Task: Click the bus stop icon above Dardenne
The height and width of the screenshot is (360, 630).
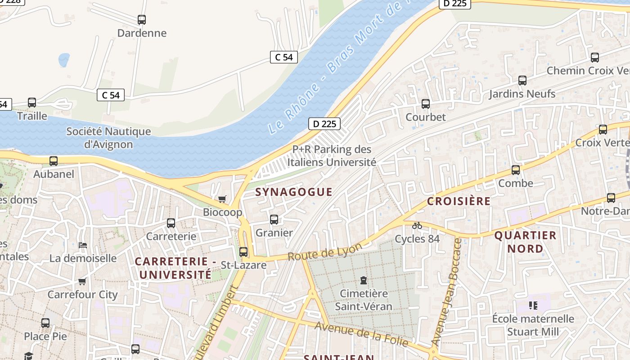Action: pos(142,20)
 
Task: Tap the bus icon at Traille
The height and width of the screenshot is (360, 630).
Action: pos(32,103)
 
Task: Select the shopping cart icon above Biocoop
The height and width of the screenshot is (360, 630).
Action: pos(222,199)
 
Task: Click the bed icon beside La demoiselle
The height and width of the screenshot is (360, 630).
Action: pos(83,245)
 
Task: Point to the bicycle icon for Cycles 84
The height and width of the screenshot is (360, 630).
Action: pos(417,225)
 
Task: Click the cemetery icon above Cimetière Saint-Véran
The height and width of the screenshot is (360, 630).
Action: pos(364,281)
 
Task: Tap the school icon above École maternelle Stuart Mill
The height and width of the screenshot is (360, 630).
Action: pos(533,306)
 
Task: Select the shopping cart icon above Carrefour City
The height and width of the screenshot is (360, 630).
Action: pos(82,282)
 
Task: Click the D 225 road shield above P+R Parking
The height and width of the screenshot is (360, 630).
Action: pos(324,124)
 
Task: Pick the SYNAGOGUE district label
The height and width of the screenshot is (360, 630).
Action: pos(294,192)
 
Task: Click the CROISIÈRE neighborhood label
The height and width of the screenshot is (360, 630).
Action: pos(459,201)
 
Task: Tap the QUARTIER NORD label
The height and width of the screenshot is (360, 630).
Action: pos(525,242)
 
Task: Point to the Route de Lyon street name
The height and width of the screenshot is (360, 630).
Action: pos(324,252)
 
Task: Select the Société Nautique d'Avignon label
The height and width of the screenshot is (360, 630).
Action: pos(108,138)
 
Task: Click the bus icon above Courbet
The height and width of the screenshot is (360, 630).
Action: pos(426,104)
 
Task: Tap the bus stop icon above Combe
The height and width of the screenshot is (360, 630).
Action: pos(516,171)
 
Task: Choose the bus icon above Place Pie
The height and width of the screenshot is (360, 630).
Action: pos(45,323)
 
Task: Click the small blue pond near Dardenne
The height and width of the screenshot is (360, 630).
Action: pos(64,59)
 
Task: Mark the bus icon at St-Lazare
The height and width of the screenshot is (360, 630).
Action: pos(243,252)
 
